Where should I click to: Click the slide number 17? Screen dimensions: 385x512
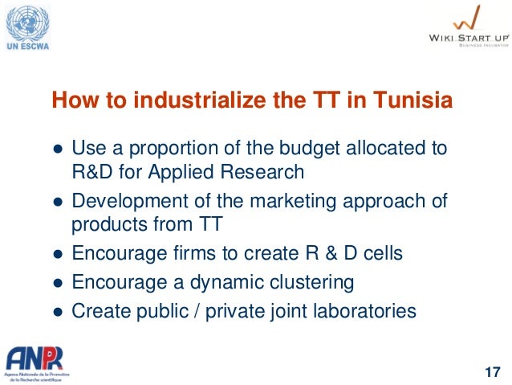492,371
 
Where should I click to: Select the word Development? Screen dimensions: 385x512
124,200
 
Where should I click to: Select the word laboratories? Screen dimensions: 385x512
365,310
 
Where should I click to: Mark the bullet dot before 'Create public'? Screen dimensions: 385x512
57,311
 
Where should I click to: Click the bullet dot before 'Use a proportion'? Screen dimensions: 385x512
57,149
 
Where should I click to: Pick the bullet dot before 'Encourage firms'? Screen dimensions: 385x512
57,255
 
